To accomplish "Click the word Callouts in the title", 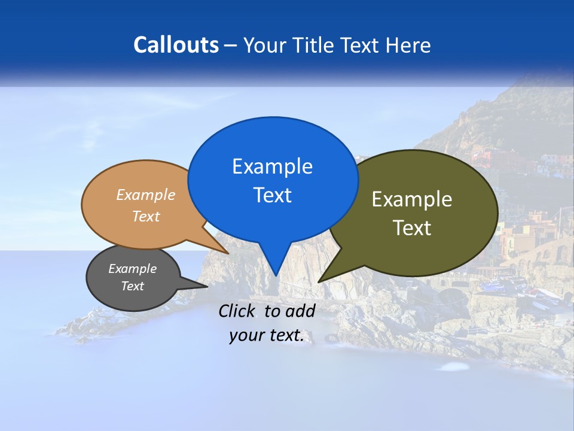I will click(176, 45).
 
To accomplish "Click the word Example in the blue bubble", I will click(272, 166).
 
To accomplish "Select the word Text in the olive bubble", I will click(412, 228).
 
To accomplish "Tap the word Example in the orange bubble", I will click(145, 195).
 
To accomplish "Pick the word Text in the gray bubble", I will click(132, 286).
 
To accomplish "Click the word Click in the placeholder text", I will click(237, 311).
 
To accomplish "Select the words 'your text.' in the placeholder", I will click(267, 336).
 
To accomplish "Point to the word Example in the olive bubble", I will click(412, 199).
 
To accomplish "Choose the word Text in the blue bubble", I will click(272, 195).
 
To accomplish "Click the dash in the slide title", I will click(231, 45).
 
